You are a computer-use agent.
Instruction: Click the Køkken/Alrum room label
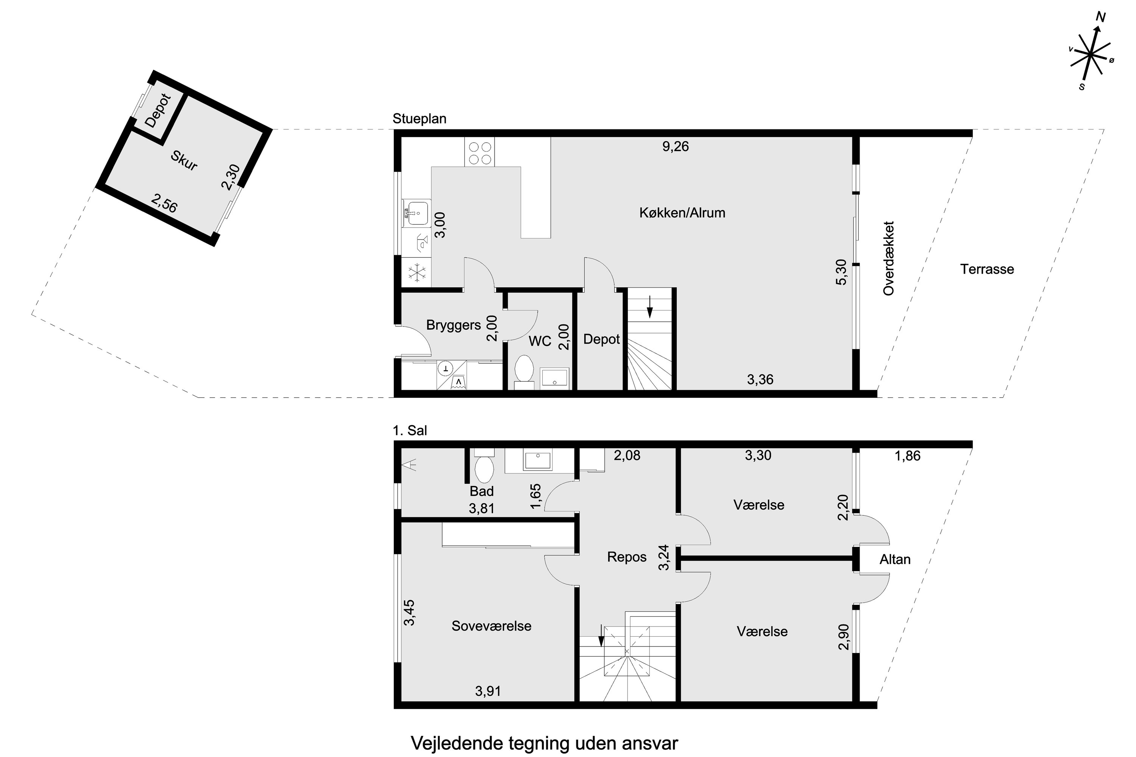(682, 213)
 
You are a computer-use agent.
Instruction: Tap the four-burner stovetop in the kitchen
(480, 152)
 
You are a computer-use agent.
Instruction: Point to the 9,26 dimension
(675, 146)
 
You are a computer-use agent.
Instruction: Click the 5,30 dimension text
(841, 272)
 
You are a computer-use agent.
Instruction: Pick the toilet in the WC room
(524, 372)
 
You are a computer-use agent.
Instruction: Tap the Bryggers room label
(454, 325)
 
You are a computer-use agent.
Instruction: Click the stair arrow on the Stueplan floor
(650, 307)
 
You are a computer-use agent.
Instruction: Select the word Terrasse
(987, 269)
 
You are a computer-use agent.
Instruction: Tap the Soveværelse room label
(491, 626)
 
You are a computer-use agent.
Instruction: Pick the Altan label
(895, 559)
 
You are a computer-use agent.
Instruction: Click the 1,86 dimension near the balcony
(908, 456)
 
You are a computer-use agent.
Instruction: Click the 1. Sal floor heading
(410, 431)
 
